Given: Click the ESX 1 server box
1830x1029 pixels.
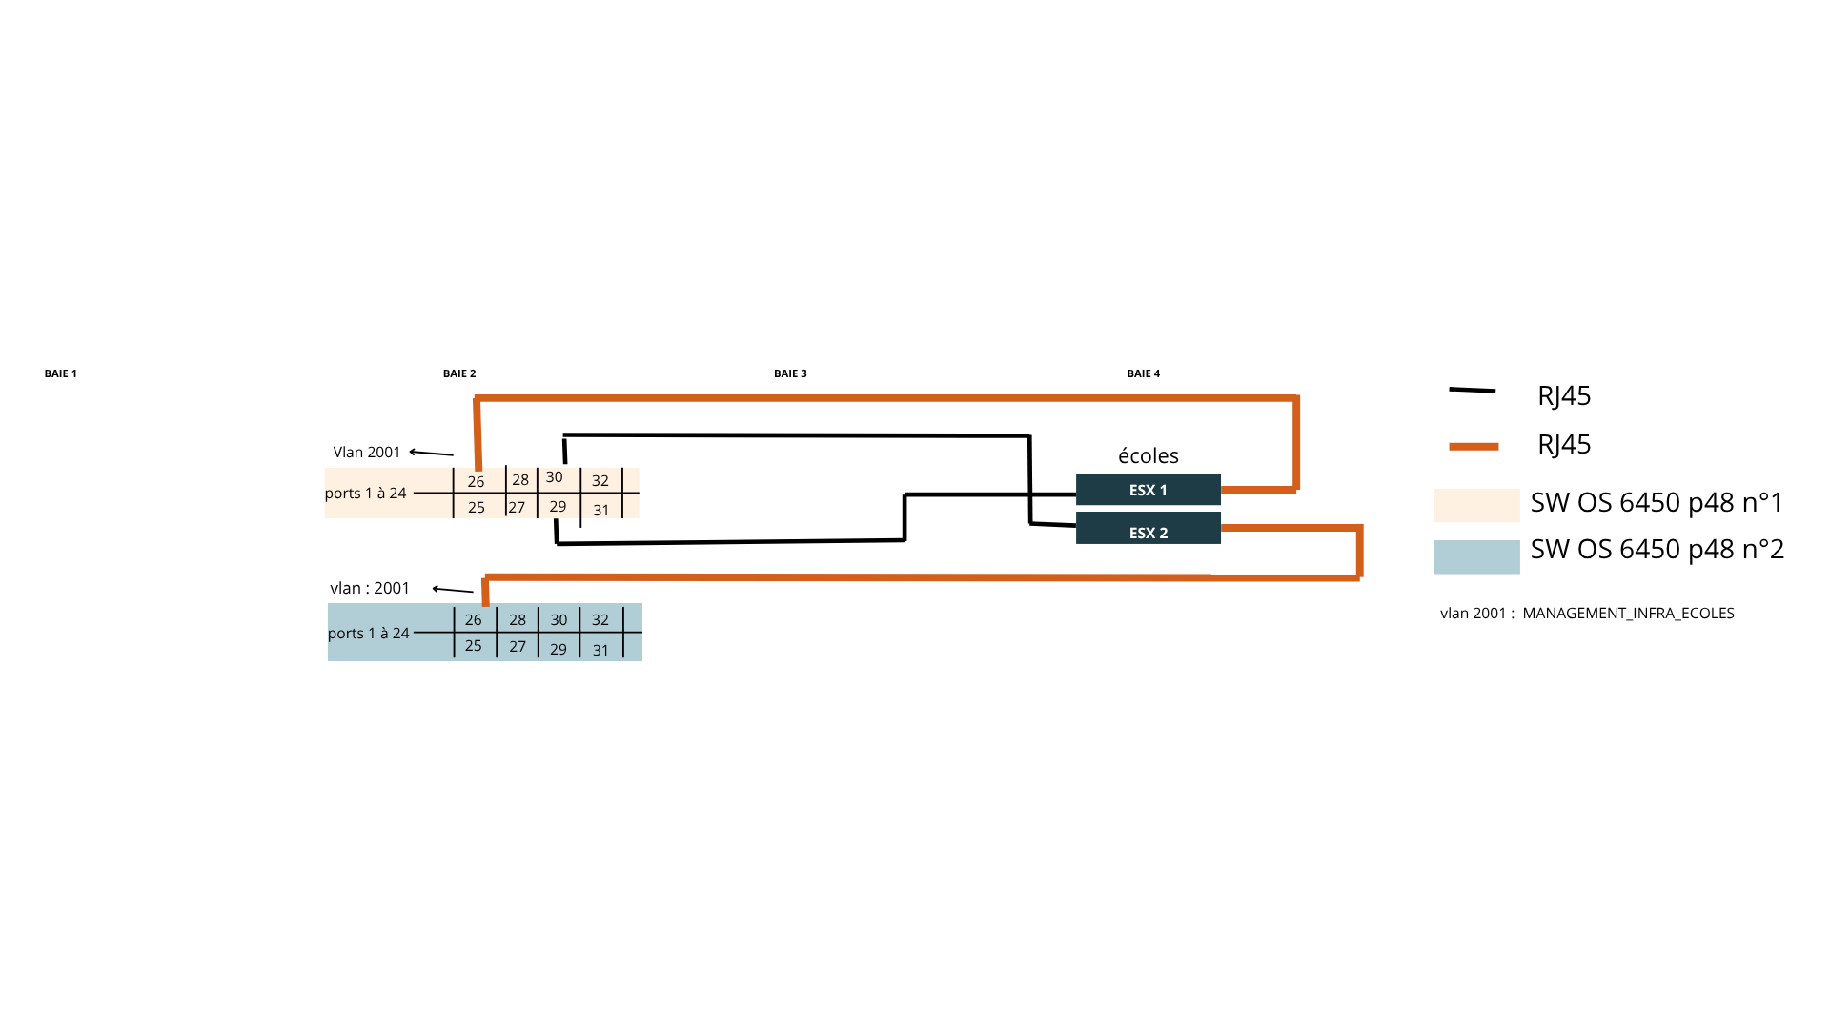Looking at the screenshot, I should click(x=1148, y=490).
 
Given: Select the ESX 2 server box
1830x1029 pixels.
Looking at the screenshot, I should click(x=1148, y=529).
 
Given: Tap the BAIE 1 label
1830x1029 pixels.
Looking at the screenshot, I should click(x=60, y=373).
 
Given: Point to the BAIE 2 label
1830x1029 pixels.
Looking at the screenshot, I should click(x=459, y=373).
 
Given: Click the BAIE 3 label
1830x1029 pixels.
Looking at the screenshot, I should click(x=790, y=373).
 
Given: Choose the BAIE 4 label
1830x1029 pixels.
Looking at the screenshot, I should click(x=1143, y=373).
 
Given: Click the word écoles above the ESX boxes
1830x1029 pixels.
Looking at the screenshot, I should click(x=1148, y=456).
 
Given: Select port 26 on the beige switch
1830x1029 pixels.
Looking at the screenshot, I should click(x=476, y=482).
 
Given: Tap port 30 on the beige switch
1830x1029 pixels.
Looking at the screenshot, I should click(x=555, y=477).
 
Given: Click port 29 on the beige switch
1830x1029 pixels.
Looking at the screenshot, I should click(x=559, y=507).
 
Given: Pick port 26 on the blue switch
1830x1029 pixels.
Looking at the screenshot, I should click(x=474, y=620).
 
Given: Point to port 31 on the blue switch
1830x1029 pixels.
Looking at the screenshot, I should click(x=600, y=651).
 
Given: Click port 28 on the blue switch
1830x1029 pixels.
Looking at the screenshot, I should click(x=518, y=620).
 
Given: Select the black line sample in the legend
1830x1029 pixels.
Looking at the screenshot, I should click(x=1472, y=391).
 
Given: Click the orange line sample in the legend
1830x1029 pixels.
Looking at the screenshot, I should click(x=1474, y=446).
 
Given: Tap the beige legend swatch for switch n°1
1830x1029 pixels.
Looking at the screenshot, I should click(x=1476, y=505).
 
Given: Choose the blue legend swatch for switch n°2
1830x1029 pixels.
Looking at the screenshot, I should click(x=1476, y=556).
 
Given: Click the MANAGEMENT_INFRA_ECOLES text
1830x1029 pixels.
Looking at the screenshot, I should click(x=1628, y=614).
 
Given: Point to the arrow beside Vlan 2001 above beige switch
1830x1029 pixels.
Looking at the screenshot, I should click(x=432, y=453).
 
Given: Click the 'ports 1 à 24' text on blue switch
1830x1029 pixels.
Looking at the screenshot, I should click(x=369, y=634).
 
